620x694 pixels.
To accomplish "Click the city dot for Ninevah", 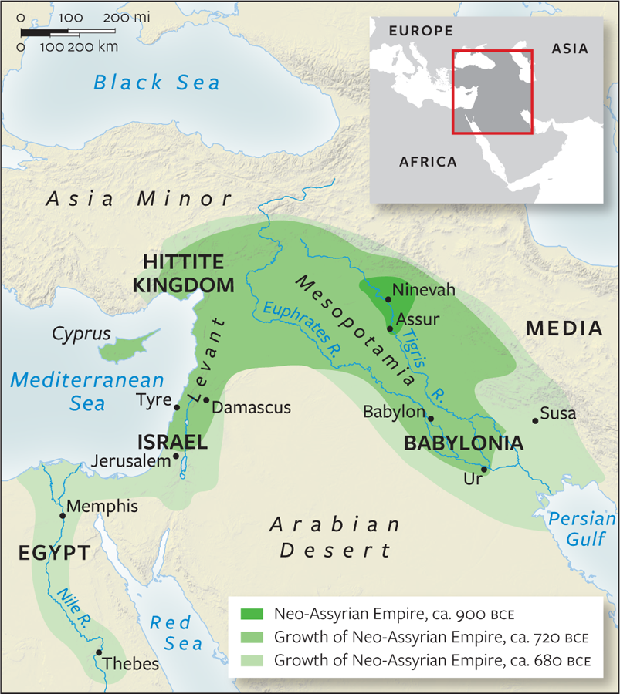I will point(388,298).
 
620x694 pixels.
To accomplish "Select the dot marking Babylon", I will point(431,419).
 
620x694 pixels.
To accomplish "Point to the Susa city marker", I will point(535,421).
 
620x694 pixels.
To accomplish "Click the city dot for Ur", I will point(483,469).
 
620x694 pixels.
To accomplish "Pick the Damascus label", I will point(250,407).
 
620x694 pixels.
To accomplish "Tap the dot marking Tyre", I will point(178,407).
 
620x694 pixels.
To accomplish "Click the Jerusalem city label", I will point(130,461).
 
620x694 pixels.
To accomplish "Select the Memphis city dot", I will point(63,516).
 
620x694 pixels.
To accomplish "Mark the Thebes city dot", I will point(98,652).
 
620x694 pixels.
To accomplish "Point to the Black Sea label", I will point(157,83).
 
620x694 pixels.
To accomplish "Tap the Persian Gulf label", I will point(581,529).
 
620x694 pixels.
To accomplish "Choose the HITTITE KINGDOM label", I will point(183,273).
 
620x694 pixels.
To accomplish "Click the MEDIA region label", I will point(564,328).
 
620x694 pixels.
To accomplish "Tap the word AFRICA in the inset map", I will point(428,162).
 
